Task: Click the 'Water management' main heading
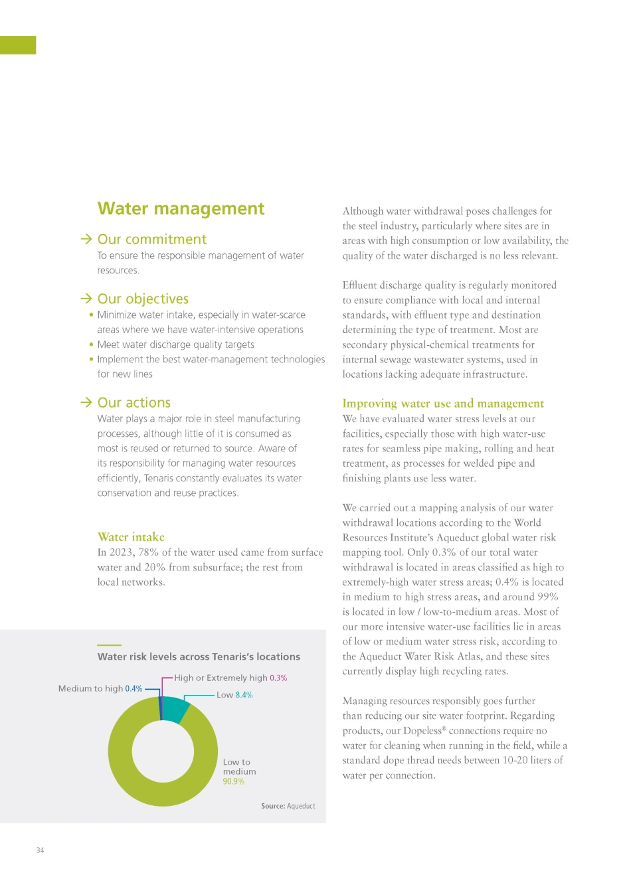(x=181, y=209)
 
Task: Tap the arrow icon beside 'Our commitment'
(x=86, y=239)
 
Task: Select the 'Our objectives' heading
(x=143, y=299)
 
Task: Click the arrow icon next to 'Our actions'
(x=86, y=402)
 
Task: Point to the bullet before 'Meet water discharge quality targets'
(x=92, y=344)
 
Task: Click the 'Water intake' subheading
(x=131, y=537)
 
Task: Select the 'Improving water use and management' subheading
(x=443, y=403)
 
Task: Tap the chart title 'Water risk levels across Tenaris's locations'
(x=199, y=657)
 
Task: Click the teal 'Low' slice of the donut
(x=175, y=708)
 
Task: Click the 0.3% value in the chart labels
(x=278, y=678)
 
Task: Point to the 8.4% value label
(x=244, y=695)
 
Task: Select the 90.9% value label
(x=234, y=781)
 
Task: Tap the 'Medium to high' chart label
(x=91, y=689)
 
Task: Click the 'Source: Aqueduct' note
(x=288, y=806)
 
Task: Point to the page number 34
(x=40, y=850)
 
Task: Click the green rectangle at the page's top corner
(x=18, y=45)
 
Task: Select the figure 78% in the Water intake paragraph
(x=148, y=553)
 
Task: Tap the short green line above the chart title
(x=109, y=645)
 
